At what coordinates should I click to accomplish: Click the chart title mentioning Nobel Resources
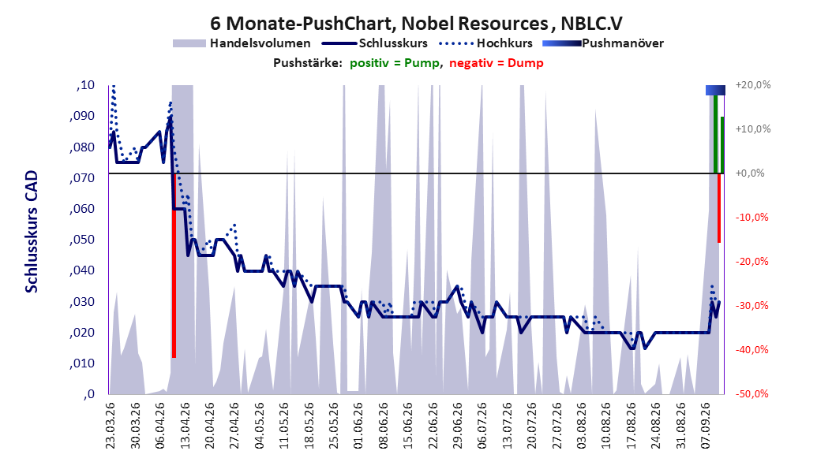tap(416, 24)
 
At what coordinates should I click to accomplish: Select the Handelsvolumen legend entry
tap(242, 43)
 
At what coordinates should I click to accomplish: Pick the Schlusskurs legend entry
tap(374, 43)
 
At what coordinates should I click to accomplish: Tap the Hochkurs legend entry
tap(485, 43)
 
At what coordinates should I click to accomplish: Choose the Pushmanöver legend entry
tap(603, 43)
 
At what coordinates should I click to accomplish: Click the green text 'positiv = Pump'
tap(395, 63)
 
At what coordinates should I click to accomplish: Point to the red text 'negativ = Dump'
tap(497, 63)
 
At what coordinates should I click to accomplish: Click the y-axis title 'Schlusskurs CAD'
tap(32, 232)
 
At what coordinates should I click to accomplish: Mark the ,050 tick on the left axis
tap(82, 240)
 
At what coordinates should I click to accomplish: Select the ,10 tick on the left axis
tap(85, 85)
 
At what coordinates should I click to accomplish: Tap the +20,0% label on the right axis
tap(753, 85)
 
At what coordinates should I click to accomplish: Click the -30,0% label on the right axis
tap(751, 306)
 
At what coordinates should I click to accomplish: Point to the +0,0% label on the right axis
tap(750, 173)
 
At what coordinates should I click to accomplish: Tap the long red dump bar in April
tap(174, 266)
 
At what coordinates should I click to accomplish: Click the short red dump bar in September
tap(719, 207)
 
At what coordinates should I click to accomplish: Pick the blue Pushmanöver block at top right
tap(715, 90)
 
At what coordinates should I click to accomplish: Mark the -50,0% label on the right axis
tap(751, 393)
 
